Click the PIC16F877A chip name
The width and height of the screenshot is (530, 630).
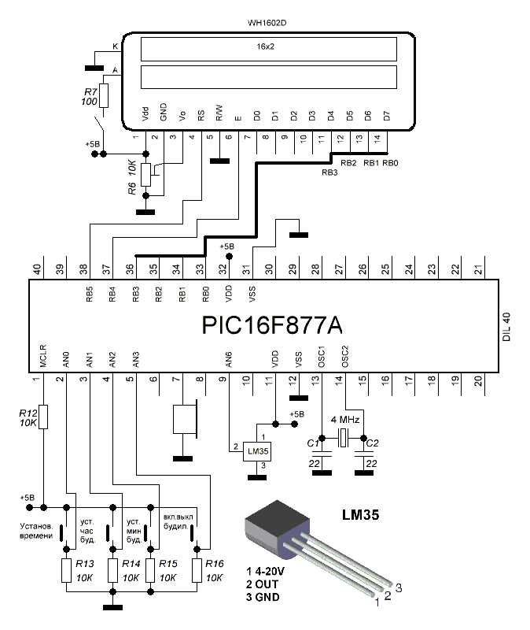[x=271, y=325]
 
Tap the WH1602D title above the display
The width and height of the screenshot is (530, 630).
[x=267, y=23]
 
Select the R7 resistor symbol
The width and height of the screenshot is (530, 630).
[x=104, y=95]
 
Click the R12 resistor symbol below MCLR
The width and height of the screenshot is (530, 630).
[x=43, y=417]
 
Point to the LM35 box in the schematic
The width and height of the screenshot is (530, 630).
[x=258, y=451]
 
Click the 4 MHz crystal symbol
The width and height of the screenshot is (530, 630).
[x=343, y=438]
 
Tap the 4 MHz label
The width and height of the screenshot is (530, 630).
[x=345, y=420]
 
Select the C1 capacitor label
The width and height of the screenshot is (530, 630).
[x=313, y=443]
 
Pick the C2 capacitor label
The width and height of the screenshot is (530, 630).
[x=372, y=443]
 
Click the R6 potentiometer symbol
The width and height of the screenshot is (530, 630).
[x=146, y=175]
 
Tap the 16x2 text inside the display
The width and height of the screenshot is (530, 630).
[x=265, y=46]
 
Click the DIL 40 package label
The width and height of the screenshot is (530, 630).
[x=506, y=327]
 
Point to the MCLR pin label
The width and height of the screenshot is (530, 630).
[x=43, y=356]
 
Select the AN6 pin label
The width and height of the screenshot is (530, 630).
[x=228, y=360]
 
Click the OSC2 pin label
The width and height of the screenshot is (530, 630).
[x=345, y=357]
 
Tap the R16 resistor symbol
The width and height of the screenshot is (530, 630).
[x=197, y=570]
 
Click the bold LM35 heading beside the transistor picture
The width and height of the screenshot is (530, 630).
[x=360, y=515]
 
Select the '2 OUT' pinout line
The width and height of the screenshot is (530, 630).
[x=262, y=584]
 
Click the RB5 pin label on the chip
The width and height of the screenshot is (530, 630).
[x=89, y=294]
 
